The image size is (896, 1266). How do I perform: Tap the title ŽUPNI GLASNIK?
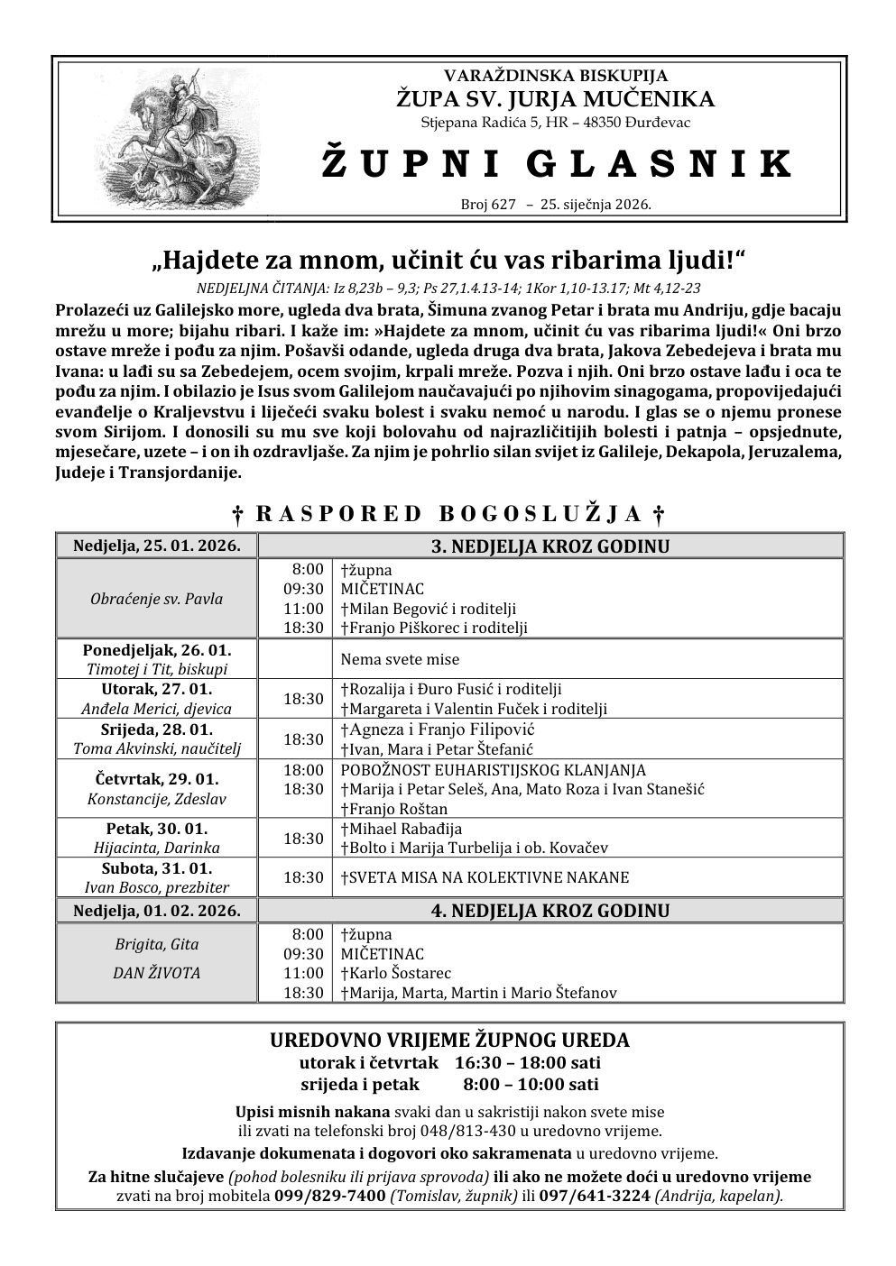click(556, 163)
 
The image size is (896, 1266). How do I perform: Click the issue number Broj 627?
click(487, 205)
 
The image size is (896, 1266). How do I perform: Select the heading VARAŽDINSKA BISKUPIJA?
click(556, 76)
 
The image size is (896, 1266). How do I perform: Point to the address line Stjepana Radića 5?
click(556, 123)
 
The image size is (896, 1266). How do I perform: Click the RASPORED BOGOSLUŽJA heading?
click(448, 514)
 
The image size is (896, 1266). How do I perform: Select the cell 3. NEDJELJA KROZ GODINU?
click(550, 546)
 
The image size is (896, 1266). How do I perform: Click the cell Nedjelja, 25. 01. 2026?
click(157, 546)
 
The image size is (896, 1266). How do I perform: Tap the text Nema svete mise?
click(400, 659)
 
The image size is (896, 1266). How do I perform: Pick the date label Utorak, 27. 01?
click(157, 689)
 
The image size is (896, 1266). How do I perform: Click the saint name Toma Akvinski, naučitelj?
click(157, 748)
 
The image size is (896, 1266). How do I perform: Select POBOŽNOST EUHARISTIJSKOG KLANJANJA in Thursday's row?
click(493, 770)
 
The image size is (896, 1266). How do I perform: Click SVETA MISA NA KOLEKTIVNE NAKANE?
click(485, 876)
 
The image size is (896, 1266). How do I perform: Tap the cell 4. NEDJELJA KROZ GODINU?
click(550, 911)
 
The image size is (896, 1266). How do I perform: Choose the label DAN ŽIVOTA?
click(157, 973)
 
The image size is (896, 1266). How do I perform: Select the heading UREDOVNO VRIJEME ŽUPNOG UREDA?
click(449, 1040)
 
